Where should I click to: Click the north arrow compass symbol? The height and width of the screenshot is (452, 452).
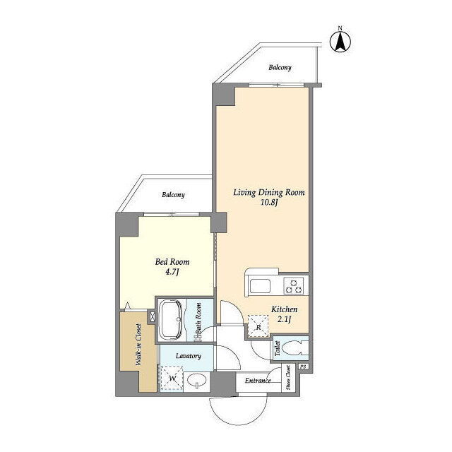tap(340, 42)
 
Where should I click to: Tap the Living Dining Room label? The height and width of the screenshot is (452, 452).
tap(268, 192)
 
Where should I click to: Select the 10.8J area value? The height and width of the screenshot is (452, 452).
tap(269, 203)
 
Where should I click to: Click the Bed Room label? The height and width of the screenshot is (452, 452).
tap(172, 262)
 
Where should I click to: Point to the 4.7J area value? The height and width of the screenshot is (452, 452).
tap(172, 272)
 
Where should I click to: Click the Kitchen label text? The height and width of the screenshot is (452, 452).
tap(284, 309)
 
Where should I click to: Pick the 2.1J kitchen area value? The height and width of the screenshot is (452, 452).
tap(284, 319)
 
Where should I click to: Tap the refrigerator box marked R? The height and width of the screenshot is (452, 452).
tap(258, 326)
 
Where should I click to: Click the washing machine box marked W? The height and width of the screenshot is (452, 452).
tap(172, 379)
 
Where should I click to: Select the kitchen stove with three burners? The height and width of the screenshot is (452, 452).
tap(294, 285)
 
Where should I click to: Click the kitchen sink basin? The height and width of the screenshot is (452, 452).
tap(260, 285)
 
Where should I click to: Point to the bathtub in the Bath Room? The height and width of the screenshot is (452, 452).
tap(171, 320)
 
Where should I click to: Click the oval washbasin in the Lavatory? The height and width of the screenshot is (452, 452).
tap(197, 381)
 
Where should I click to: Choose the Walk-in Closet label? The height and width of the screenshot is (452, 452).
tap(138, 345)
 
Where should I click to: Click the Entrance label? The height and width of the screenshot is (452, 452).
tap(258, 381)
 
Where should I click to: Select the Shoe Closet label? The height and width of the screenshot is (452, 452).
tap(288, 378)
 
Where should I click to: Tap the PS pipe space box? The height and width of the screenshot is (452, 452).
tap(303, 367)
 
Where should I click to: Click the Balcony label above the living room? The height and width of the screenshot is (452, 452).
tap(280, 68)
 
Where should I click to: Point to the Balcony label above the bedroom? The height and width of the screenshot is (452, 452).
tap(173, 195)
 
